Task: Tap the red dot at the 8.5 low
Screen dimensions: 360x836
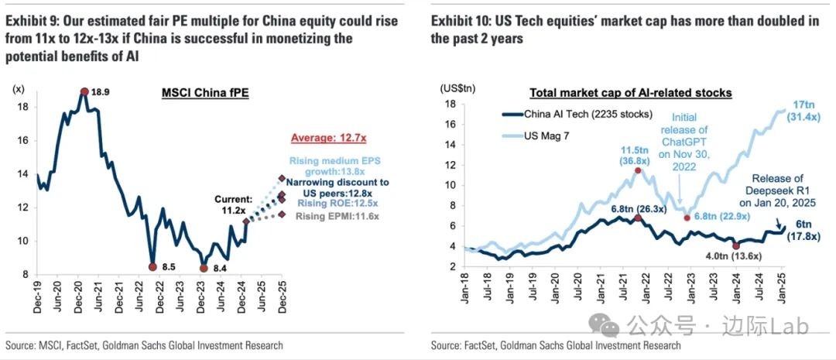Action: click(152, 267)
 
